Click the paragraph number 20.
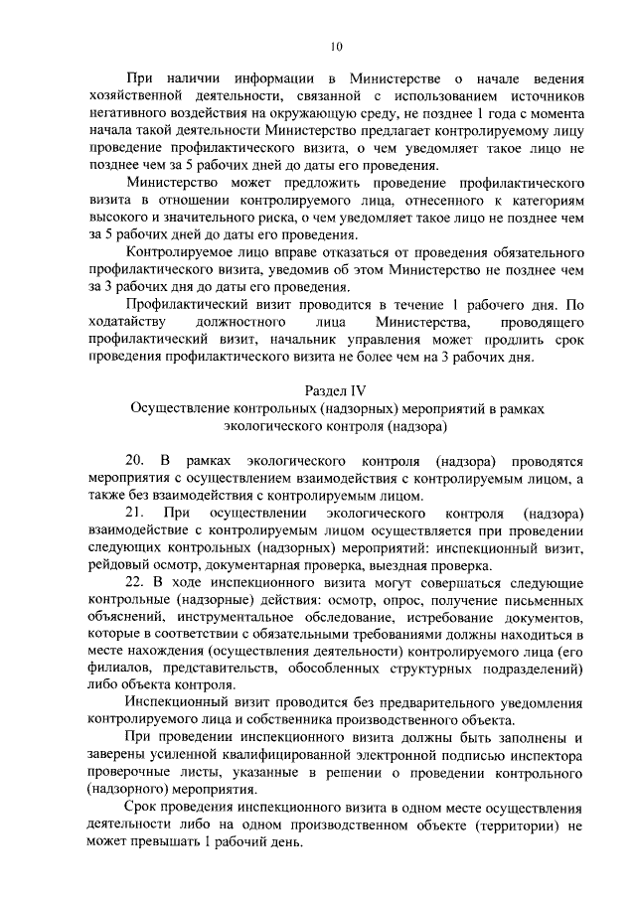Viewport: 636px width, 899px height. coord(134,461)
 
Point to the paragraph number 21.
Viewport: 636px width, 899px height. coord(134,513)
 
